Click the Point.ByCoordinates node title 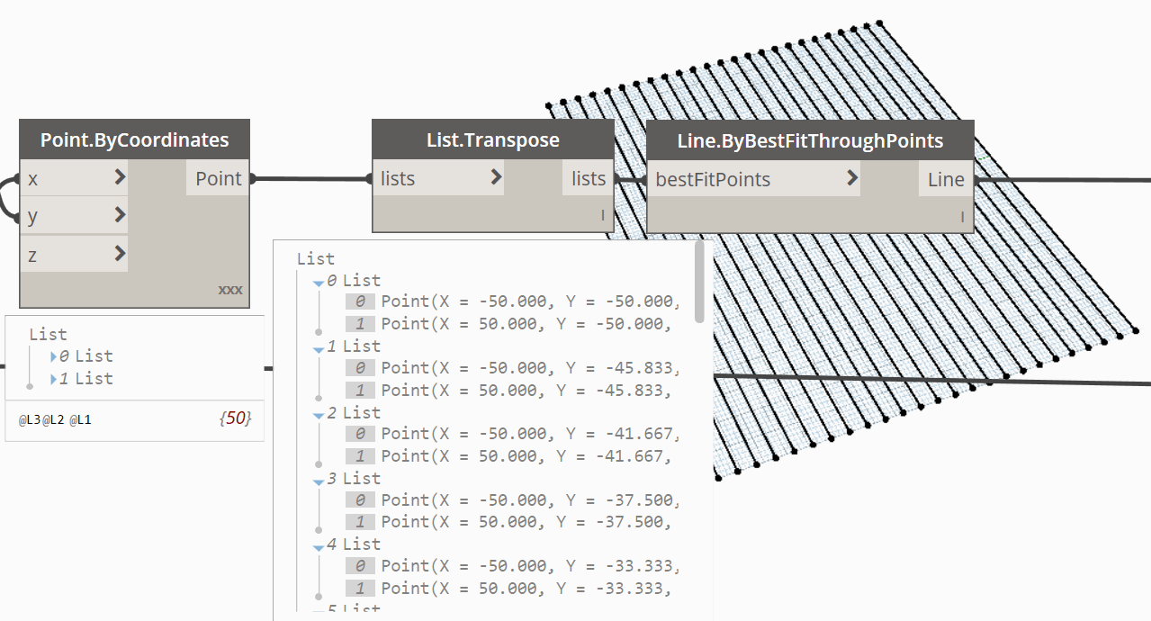pos(135,139)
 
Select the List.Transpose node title pos(493,139)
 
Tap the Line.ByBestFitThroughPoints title pos(810,141)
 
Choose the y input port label pos(32,216)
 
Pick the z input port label pos(32,256)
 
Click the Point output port pos(218,178)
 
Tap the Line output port pos(946,179)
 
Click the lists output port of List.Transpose pos(589,178)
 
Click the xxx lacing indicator pos(230,290)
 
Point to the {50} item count pos(236,418)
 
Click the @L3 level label pos(30,420)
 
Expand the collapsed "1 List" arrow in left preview pos(53,380)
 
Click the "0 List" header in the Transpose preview pos(354,281)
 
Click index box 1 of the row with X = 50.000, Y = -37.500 pos(360,522)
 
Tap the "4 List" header pos(354,544)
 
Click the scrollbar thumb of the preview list pos(699,282)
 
